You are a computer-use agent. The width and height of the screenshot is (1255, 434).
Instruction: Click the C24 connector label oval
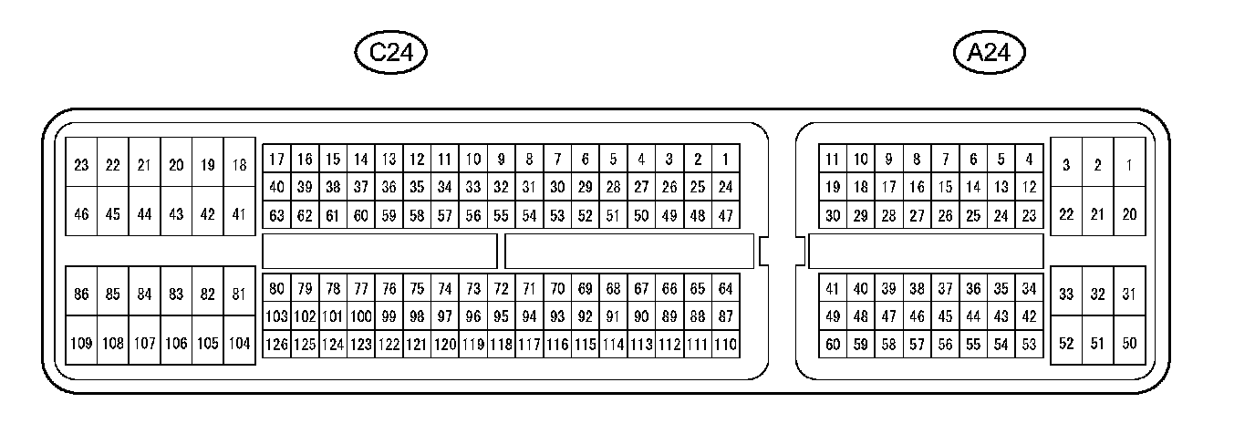tap(391, 53)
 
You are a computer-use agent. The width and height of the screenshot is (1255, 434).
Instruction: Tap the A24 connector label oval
tap(989, 53)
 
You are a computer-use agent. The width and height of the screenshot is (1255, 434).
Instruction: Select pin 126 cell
tap(276, 346)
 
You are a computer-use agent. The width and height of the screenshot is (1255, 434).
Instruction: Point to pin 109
tap(81, 344)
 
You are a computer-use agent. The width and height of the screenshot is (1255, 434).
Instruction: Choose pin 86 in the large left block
tap(81, 294)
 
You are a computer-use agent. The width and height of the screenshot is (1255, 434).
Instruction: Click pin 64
tap(725, 289)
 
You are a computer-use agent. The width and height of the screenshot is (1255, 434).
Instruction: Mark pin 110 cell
tap(725, 346)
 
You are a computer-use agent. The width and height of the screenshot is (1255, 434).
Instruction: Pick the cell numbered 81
tap(240, 294)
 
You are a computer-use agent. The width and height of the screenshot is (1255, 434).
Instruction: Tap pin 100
tap(361, 317)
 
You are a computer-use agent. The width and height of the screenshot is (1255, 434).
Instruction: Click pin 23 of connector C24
tap(81, 165)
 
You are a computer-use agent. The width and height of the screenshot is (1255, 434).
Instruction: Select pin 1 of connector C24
tap(725, 160)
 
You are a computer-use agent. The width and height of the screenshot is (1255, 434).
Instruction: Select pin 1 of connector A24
tap(1129, 165)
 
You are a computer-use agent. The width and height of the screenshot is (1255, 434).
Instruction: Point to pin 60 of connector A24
tap(833, 345)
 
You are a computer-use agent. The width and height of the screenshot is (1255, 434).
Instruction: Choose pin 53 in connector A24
tap(1029, 345)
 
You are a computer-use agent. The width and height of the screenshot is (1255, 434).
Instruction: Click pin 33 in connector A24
tap(1066, 294)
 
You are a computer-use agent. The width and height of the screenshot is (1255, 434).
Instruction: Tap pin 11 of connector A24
tap(833, 160)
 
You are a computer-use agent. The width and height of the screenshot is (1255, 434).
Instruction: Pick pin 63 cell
tap(276, 216)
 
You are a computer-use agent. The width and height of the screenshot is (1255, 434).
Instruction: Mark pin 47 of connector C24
tap(725, 216)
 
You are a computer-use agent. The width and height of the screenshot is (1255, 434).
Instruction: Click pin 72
tap(501, 289)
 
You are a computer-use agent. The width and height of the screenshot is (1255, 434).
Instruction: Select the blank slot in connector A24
tap(926, 252)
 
